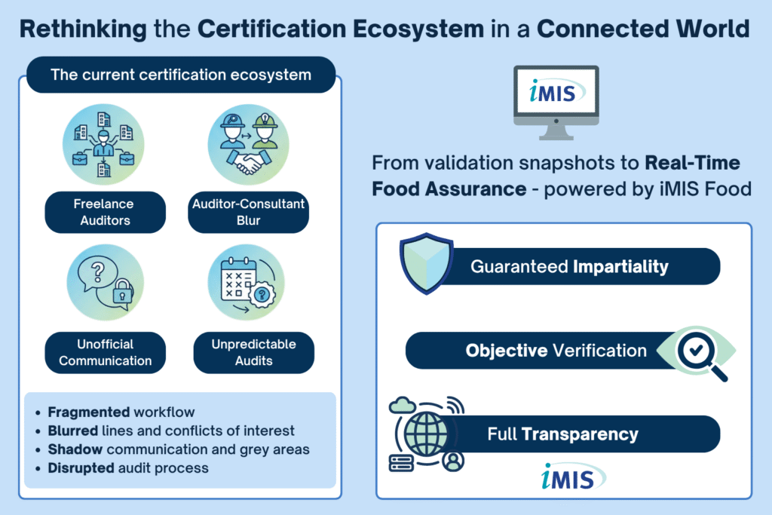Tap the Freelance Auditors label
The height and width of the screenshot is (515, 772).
pyautogui.click(x=105, y=211)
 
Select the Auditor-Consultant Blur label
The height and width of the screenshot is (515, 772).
pyautogui.click(x=248, y=211)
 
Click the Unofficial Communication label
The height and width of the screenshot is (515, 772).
pyautogui.click(x=105, y=352)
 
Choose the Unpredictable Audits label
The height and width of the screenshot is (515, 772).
pyautogui.click(x=253, y=352)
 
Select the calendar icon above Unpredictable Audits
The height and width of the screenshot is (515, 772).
pyautogui.click(x=239, y=282)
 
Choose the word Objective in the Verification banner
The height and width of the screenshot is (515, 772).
pyautogui.click(x=506, y=351)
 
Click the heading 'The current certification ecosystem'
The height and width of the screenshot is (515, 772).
pyautogui.click(x=180, y=75)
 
